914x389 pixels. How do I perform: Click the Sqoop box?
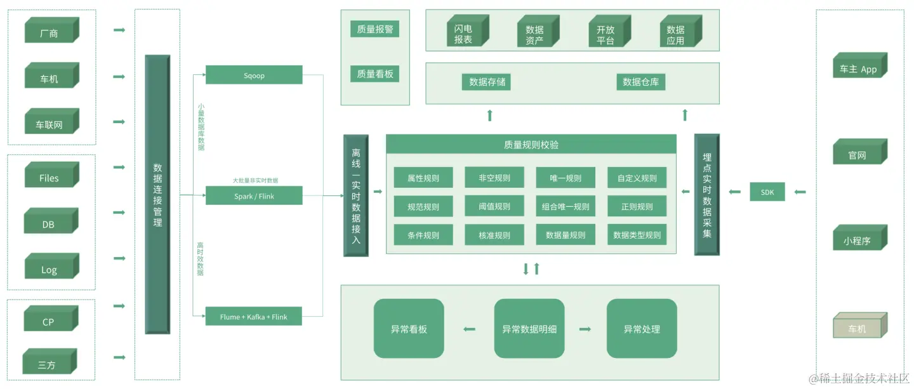tap(254, 75)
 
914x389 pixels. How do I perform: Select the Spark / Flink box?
tap(254, 196)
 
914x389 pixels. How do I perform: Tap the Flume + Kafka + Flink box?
tap(253, 316)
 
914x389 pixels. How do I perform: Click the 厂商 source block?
tap(50, 32)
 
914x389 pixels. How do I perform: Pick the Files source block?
tap(50, 177)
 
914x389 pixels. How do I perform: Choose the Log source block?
tap(50, 269)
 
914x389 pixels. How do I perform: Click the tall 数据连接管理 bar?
tap(157, 194)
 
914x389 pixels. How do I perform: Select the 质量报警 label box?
tap(374, 29)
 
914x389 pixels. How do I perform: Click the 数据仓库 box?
tap(640, 82)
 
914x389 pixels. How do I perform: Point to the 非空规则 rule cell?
tap(494, 178)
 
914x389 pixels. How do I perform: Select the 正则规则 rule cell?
tap(637, 207)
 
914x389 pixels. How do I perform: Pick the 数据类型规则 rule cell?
tap(637, 235)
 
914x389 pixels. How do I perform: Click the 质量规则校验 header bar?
tap(531, 144)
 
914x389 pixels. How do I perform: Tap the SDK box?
tap(767, 192)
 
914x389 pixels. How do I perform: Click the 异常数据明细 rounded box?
tap(529, 329)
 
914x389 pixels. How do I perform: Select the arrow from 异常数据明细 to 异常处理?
tap(585, 329)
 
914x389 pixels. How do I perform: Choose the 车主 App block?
tap(858, 68)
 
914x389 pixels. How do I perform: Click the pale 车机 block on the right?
tap(858, 327)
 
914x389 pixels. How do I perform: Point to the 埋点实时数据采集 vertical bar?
tap(706, 194)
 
